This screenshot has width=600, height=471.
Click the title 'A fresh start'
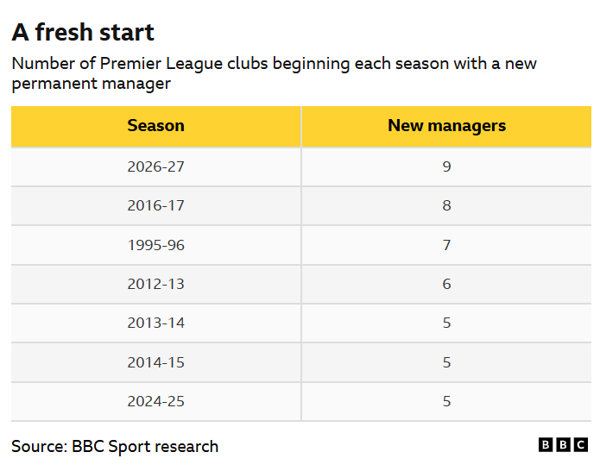point(83,32)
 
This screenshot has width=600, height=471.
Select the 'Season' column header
point(155,125)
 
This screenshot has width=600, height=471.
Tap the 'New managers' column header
point(446,126)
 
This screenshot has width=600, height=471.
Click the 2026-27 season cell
point(155,166)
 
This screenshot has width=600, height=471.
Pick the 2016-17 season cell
point(155,205)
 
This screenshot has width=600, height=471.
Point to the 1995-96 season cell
point(155,245)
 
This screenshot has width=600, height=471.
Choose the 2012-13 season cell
point(155,284)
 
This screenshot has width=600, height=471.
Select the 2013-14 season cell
point(155,323)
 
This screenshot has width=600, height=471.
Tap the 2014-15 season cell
point(155,362)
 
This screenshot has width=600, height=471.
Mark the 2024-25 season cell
point(155,401)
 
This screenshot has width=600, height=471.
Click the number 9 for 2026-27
point(446,166)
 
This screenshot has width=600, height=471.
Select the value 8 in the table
point(446,205)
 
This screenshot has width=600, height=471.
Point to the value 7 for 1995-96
point(446,245)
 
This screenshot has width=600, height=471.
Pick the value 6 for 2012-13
point(446,284)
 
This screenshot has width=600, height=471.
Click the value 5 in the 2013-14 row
point(446,323)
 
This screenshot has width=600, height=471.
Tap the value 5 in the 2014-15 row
point(446,362)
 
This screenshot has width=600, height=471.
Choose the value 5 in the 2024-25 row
point(446,401)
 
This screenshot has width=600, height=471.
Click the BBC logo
point(563,445)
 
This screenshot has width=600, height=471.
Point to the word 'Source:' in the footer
point(40,447)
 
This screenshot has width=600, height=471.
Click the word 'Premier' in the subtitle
point(130,64)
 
